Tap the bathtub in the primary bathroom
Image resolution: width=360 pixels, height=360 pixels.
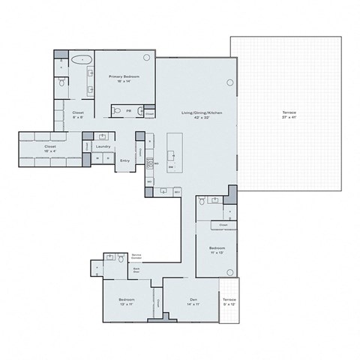82,58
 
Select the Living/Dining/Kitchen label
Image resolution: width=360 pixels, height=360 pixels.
202,114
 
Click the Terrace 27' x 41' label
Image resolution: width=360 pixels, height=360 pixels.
289,115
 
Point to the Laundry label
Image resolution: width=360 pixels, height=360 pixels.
103,146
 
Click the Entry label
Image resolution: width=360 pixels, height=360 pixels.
124,160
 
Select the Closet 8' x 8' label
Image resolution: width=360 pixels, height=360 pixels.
78,114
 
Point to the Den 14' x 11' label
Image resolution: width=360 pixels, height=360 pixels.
192,302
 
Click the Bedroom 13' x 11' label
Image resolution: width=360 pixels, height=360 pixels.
126,302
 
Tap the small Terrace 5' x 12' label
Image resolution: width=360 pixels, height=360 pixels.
229,303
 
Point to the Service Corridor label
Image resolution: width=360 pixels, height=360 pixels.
136,259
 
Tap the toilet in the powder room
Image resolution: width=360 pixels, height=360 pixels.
139,109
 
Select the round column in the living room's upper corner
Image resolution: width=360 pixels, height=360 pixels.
229,82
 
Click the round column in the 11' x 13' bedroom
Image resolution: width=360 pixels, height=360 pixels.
230,271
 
